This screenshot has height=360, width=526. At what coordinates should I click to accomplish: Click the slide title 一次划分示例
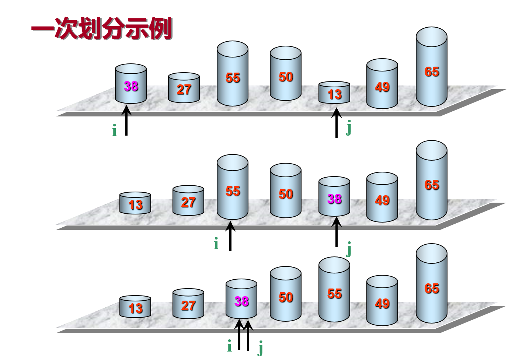tap(101, 29)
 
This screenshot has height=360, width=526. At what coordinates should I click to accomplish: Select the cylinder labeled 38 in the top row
tap(131, 84)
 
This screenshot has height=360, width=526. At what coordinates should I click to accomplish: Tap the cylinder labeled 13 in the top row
tap(334, 93)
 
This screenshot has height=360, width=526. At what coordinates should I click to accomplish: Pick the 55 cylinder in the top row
tap(233, 76)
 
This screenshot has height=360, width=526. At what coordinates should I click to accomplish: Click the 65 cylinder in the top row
tap(432, 68)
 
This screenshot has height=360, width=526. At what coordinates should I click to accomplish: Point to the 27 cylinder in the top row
tap(184, 88)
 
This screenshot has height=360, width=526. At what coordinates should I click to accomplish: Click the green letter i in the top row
tap(114, 131)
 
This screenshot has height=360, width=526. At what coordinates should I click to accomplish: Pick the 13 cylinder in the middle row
tap(135, 204)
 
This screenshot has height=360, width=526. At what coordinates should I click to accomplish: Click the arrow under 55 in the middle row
tap(230, 235)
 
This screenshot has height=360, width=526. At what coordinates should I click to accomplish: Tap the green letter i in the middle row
tap(216, 244)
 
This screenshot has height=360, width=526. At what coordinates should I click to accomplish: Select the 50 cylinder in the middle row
tap(286, 192)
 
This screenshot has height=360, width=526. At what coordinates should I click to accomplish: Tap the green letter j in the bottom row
tap(261, 348)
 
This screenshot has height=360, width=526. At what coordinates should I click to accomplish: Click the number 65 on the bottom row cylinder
tap(432, 288)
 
